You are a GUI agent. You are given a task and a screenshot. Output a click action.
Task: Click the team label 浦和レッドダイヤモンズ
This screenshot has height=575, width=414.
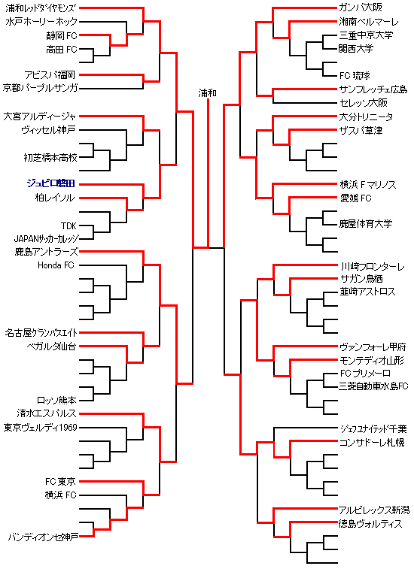[x=41, y=8]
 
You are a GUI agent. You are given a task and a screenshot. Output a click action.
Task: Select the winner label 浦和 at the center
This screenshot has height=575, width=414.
[x=208, y=93]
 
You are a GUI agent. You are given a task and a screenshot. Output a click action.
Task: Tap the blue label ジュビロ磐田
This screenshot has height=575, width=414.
[x=50, y=183]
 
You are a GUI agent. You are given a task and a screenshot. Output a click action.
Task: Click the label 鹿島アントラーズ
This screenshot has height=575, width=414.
[x=46, y=252]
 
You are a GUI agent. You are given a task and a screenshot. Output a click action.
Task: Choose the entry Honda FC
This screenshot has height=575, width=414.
[x=56, y=265]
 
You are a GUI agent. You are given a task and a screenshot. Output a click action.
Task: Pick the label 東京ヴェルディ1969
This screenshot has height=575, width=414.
[x=41, y=428]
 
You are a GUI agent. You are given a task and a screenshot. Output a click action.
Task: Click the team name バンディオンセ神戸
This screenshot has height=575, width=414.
[x=43, y=537]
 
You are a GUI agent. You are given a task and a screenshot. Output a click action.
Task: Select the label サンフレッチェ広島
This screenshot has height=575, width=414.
[x=373, y=89]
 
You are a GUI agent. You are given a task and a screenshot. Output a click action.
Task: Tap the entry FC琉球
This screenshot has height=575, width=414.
[x=355, y=76]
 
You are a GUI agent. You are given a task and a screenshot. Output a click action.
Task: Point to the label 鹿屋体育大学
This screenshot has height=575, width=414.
[x=366, y=224]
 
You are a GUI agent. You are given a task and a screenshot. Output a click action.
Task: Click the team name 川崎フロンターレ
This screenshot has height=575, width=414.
[x=372, y=266]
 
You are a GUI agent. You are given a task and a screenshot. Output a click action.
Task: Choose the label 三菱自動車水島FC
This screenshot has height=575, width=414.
[x=373, y=386]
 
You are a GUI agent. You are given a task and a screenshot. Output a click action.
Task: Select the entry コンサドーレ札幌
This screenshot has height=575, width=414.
[x=372, y=442]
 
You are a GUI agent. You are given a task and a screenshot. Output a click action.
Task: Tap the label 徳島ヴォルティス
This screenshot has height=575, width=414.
[x=370, y=524]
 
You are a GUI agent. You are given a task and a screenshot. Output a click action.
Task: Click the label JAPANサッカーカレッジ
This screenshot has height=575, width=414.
[x=46, y=239]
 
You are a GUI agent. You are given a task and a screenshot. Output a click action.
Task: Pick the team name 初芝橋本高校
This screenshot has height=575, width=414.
[x=50, y=157]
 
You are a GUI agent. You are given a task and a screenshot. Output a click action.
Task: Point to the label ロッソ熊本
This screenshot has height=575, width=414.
[x=56, y=400]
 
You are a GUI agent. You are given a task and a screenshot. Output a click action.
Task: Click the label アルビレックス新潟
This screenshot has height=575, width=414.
[x=374, y=510]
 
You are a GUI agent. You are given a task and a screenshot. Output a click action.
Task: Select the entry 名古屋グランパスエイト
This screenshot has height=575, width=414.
[x=41, y=333]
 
